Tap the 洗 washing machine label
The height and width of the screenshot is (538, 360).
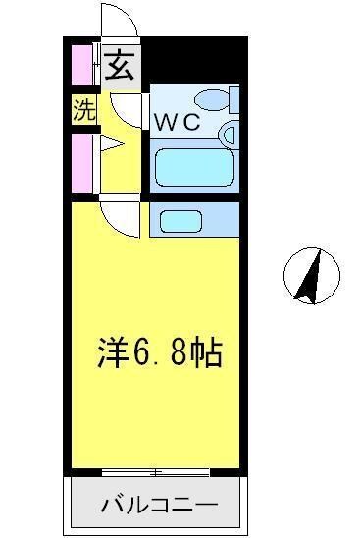tap(83, 111)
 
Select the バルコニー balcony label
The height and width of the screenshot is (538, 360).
tap(156, 507)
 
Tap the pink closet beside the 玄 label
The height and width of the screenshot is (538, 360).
tap(79, 67)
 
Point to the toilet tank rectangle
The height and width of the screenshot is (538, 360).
tap(232, 99)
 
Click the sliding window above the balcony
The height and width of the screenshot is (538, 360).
tap(156, 473)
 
